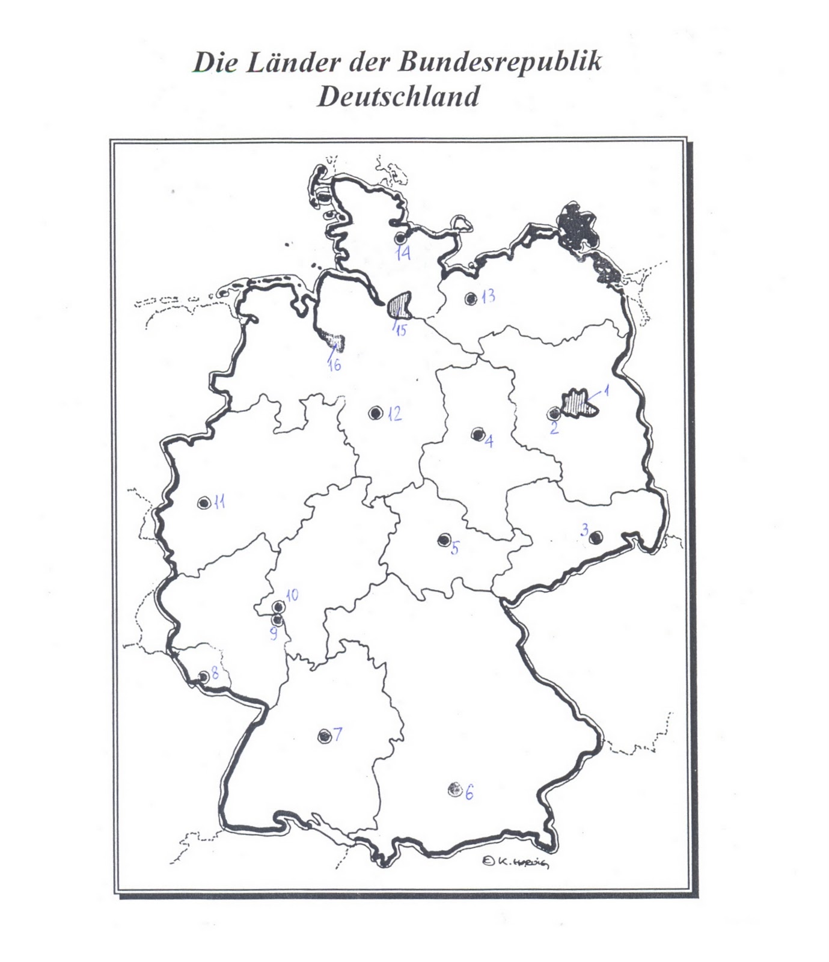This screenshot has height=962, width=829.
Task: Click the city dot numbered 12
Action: pyautogui.click(x=376, y=412)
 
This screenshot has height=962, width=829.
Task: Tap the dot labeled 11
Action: pyautogui.click(x=204, y=503)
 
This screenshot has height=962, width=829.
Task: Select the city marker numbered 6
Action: pyautogui.click(x=454, y=789)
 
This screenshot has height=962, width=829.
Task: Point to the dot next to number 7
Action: pyautogui.click(x=325, y=736)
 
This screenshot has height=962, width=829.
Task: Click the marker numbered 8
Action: pyautogui.click(x=204, y=676)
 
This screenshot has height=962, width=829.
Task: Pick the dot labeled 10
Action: pyautogui.click(x=278, y=606)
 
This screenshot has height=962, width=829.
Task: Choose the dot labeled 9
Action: pyautogui.click(x=277, y=619)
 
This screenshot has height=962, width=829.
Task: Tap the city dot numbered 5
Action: pyautogui.click(x=444, y=540)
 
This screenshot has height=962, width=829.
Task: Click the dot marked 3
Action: pyautogui.click(x=595, y=538)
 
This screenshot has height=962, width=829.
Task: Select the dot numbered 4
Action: pyautogui.click(x=479, y=434)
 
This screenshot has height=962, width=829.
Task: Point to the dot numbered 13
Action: pyautogui.click(x=471, y=298)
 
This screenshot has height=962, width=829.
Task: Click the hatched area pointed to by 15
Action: pyautogui.click(x=400, y=305)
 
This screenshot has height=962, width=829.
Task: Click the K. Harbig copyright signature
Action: pyautogui.click(x=516, y=862)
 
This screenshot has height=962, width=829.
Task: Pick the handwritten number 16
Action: pyautogui.click(x=334, y=364)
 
